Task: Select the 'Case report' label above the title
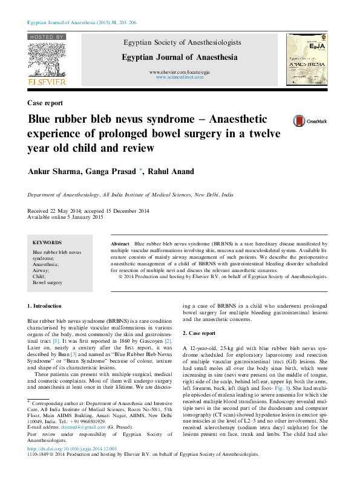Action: click(x=45, y=103)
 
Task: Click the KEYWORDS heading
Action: click(x=47, y=242)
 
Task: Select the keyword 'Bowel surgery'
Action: click(x=47, y=282)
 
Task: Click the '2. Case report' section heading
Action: click(x=199, y=333)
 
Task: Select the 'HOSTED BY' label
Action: click(x=46, y=37)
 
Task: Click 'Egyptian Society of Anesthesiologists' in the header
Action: click(x=182, y=43)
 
